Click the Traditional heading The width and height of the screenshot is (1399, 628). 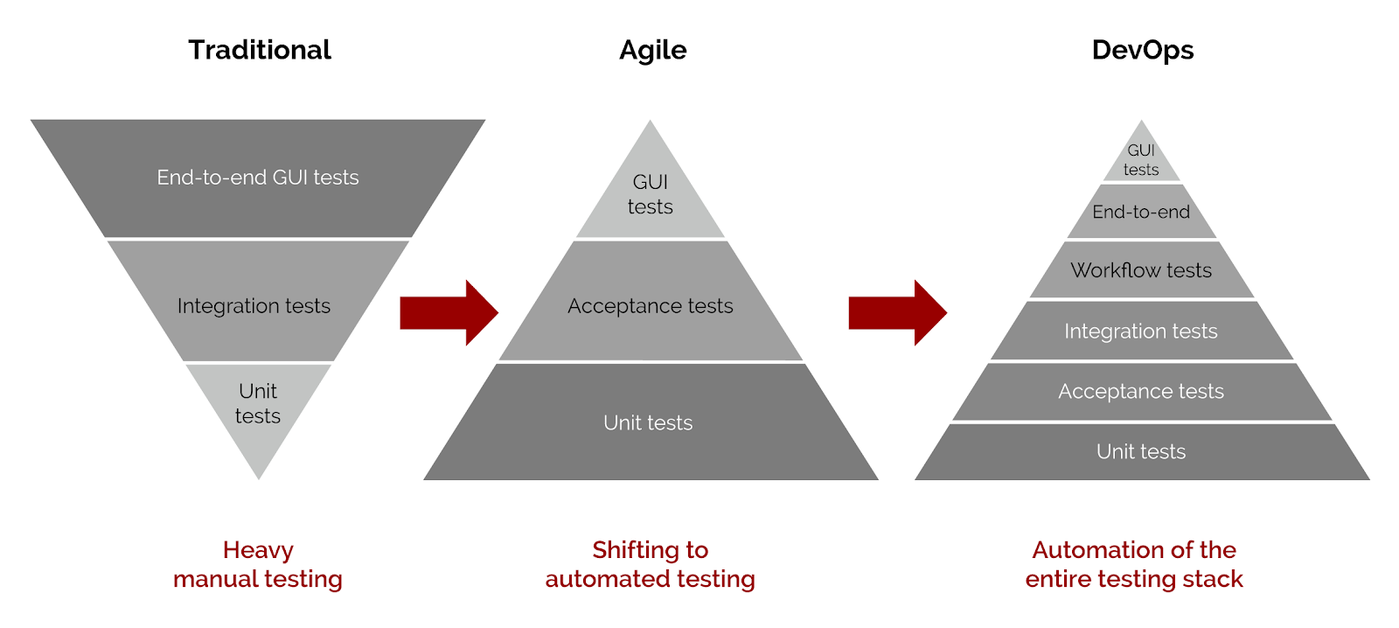260,50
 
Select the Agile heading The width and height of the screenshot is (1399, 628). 652,50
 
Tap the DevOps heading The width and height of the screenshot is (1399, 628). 1142,50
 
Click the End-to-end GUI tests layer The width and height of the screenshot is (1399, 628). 258,178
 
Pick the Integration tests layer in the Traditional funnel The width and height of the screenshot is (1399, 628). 254,305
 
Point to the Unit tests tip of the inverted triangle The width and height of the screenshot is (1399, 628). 258,404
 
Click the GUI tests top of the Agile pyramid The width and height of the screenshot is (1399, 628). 650,195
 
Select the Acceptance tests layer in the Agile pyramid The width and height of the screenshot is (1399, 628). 650,305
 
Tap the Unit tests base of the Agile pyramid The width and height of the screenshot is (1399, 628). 648,422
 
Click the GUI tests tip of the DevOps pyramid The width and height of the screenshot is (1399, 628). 1141,160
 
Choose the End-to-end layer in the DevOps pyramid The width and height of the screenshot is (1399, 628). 1141,212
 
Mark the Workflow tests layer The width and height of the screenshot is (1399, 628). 1141,270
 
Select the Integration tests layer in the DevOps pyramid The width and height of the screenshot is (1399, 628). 1141,331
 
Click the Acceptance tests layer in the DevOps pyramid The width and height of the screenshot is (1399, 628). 1141,391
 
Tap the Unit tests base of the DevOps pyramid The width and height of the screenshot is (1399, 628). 1141,451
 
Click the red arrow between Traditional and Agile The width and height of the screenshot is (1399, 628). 449,312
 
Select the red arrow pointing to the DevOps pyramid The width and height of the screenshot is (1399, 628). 897,312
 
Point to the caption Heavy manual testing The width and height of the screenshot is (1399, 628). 258,564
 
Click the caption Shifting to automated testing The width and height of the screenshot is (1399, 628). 650,564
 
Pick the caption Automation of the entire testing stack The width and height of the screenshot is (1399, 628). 1134,564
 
